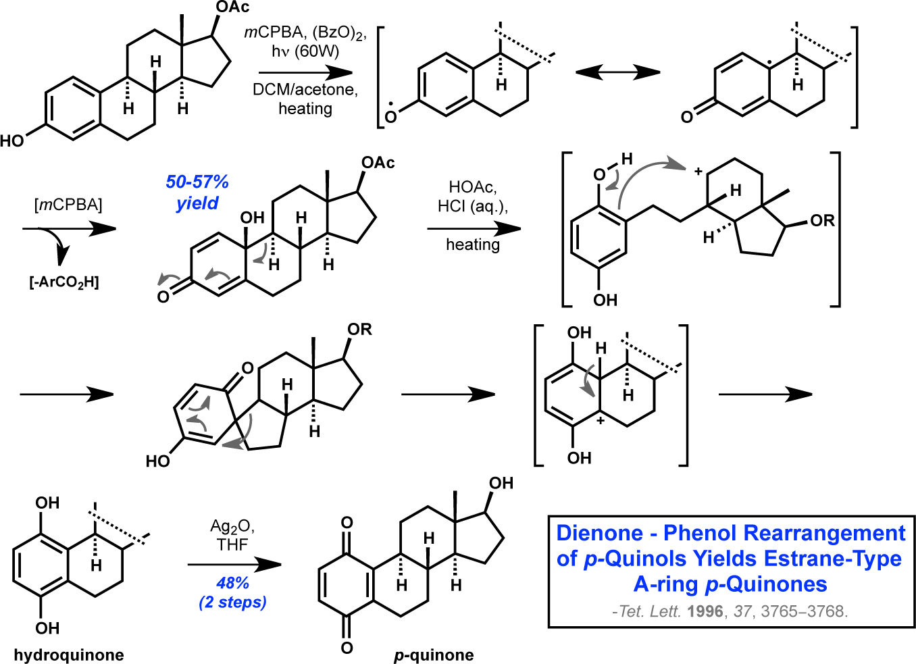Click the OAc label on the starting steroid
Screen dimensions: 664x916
point(232,7)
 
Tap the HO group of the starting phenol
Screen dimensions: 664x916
point(12,141)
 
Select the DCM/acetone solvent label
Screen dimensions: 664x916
point(305,90)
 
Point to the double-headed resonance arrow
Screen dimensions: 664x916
point(617,72)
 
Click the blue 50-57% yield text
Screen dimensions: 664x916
point(197,182)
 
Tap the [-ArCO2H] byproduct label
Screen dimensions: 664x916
point(64,282)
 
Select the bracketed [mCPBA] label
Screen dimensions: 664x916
point(68,205)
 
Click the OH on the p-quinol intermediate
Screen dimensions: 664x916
point(253,218)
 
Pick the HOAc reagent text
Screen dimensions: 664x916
point(472,187)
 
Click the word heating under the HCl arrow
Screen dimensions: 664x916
point(472,245)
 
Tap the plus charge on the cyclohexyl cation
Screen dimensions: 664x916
point(698,172)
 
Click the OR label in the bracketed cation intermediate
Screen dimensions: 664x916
point(822,221)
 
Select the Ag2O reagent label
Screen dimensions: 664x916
point(232,526)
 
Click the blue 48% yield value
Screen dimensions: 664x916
point(232,582)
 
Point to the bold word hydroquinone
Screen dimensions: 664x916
point(69,655)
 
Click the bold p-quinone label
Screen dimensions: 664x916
point(434,655)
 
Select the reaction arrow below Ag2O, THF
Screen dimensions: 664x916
point(234,565)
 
